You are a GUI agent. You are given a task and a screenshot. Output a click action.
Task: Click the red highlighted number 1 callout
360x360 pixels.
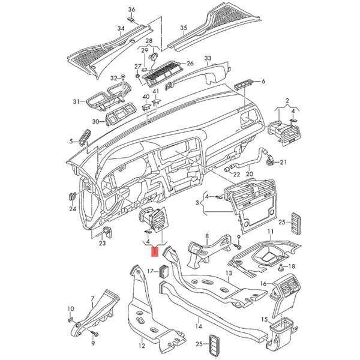pos(155,252)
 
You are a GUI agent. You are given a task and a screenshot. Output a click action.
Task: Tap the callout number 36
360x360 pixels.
pos(131,10)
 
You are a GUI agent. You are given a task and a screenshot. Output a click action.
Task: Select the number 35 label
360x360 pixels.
pos(183,28)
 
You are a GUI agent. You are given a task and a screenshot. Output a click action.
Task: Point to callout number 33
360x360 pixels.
pos(208,58)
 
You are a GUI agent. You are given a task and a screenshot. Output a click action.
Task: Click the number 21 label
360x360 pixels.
pos(283,163)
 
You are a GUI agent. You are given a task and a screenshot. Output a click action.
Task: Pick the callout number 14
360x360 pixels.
pos(199,326)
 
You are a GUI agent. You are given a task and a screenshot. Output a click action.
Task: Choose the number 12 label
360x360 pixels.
pos(142,346)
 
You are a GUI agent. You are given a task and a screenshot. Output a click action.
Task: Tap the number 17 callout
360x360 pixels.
pos(151,271)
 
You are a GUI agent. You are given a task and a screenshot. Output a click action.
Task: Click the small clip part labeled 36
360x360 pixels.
pos(131,19)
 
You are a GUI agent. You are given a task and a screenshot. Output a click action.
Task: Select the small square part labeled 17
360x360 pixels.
pos(163,271)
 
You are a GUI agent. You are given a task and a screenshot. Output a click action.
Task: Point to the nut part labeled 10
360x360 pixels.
pos(71,319)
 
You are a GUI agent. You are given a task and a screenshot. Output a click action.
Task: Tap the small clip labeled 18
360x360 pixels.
pos(280,268)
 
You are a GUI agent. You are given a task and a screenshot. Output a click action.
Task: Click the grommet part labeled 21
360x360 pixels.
pos(269,160)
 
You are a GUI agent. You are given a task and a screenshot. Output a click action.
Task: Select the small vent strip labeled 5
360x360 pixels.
pos(85,137)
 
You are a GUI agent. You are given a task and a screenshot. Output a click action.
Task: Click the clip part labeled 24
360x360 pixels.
pos(73,196)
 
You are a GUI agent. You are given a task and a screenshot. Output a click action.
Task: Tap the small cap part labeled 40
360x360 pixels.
pos(146,107)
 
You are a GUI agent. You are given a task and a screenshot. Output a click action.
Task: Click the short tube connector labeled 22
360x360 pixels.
pos(228,169)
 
